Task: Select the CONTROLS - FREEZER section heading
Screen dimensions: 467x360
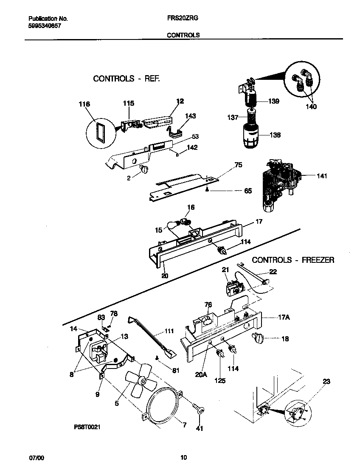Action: click(x=293, y=260)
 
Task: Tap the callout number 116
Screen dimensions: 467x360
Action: click(x=84, y=104)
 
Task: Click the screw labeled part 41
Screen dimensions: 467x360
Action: click(x=198, y=410)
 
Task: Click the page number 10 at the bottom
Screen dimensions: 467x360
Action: click(x=183, y=457)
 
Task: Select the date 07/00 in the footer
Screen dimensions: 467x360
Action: click(x=36, y=457)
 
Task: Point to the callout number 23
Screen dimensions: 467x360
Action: click(x=326, y=381)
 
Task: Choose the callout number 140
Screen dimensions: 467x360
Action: click(x=311, y=107)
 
